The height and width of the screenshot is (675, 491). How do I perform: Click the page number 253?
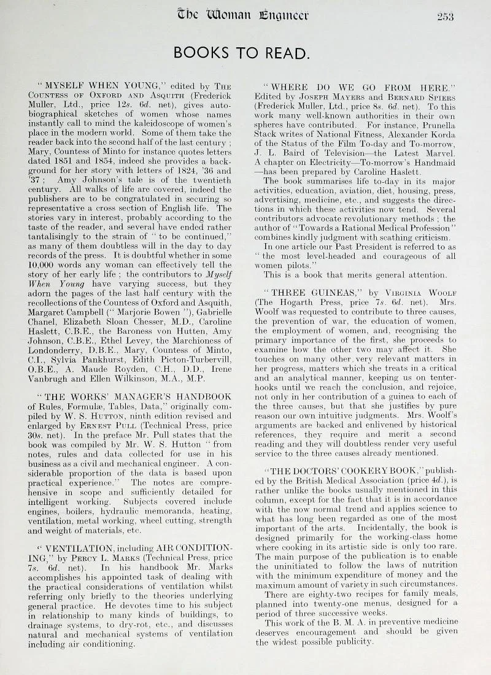(x=445, y=17)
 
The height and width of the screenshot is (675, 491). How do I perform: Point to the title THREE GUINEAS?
(x=300, y=291)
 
